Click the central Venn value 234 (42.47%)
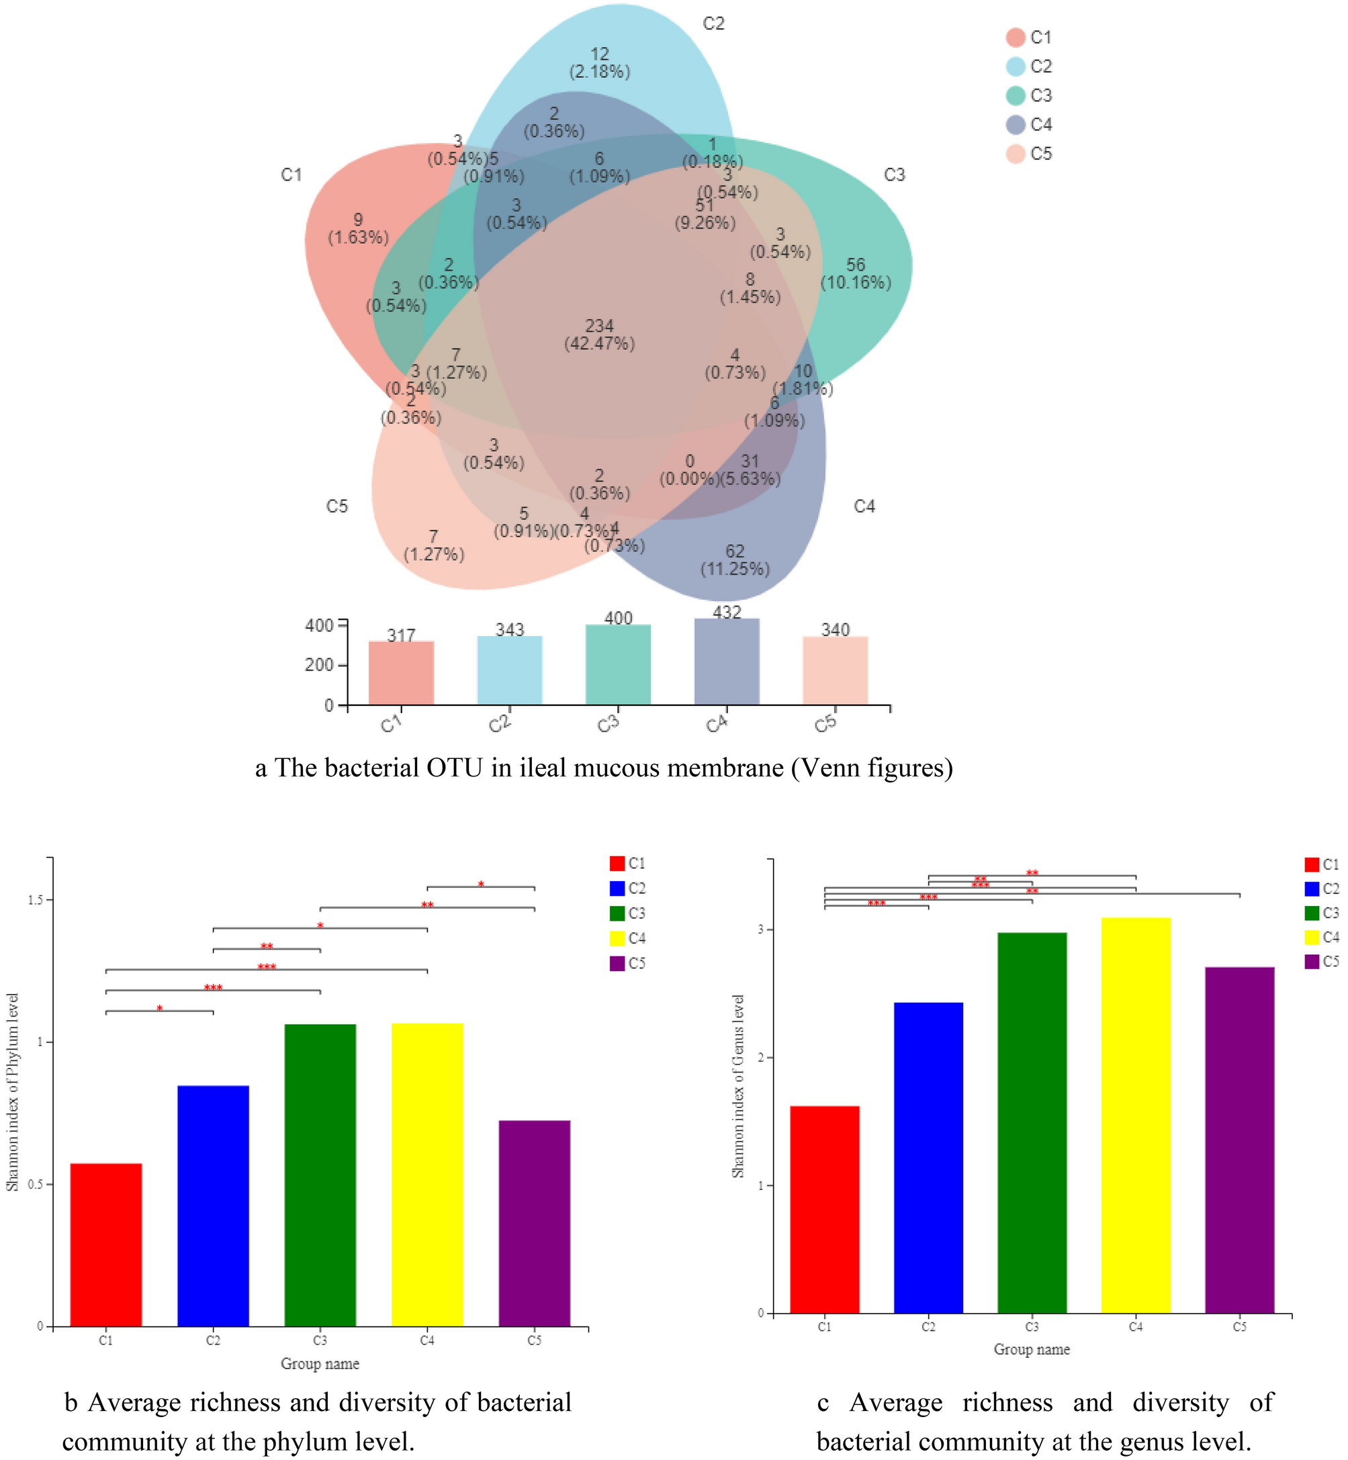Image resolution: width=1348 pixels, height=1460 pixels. point(600,334)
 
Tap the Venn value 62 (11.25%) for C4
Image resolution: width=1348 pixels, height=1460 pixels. point(735,560)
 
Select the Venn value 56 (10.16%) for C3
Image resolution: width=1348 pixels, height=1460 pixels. point(856,273)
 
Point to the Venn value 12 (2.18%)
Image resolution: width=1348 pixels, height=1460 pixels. point(600,62)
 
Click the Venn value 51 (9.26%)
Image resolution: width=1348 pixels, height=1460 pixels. point(705,214)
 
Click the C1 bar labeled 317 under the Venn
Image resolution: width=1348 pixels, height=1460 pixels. point(401,672)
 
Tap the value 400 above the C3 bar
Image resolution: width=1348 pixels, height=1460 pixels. point(618,619)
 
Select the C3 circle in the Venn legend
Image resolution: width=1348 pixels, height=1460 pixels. point(1016,95)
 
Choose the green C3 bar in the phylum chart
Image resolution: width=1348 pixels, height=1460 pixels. point(320,1175)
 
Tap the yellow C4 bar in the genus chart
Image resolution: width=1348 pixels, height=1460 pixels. point(1136,1115)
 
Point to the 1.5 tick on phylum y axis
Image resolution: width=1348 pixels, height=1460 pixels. point(35,901)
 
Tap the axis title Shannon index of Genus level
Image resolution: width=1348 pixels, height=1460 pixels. point(738,1086)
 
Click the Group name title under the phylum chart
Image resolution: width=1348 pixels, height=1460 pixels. point(320,1364)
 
